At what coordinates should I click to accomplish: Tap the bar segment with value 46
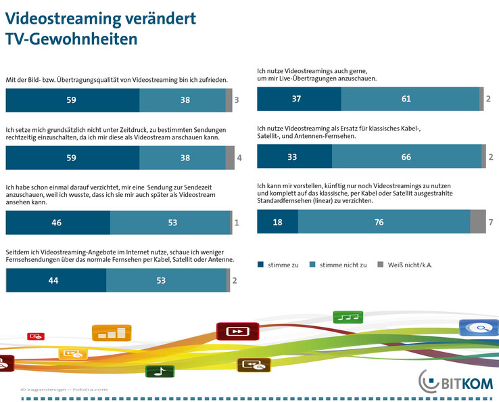tap(57, 222)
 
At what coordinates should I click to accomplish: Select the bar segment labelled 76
tap(383, 222)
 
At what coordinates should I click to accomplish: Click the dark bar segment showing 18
tap(277, 222)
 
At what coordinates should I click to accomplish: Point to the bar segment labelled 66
tap(406, 156)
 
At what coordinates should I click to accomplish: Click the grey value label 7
tap(492, 222)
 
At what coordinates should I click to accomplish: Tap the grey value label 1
tap(236, 222)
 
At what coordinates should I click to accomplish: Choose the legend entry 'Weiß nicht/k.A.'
tap(406, 265)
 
